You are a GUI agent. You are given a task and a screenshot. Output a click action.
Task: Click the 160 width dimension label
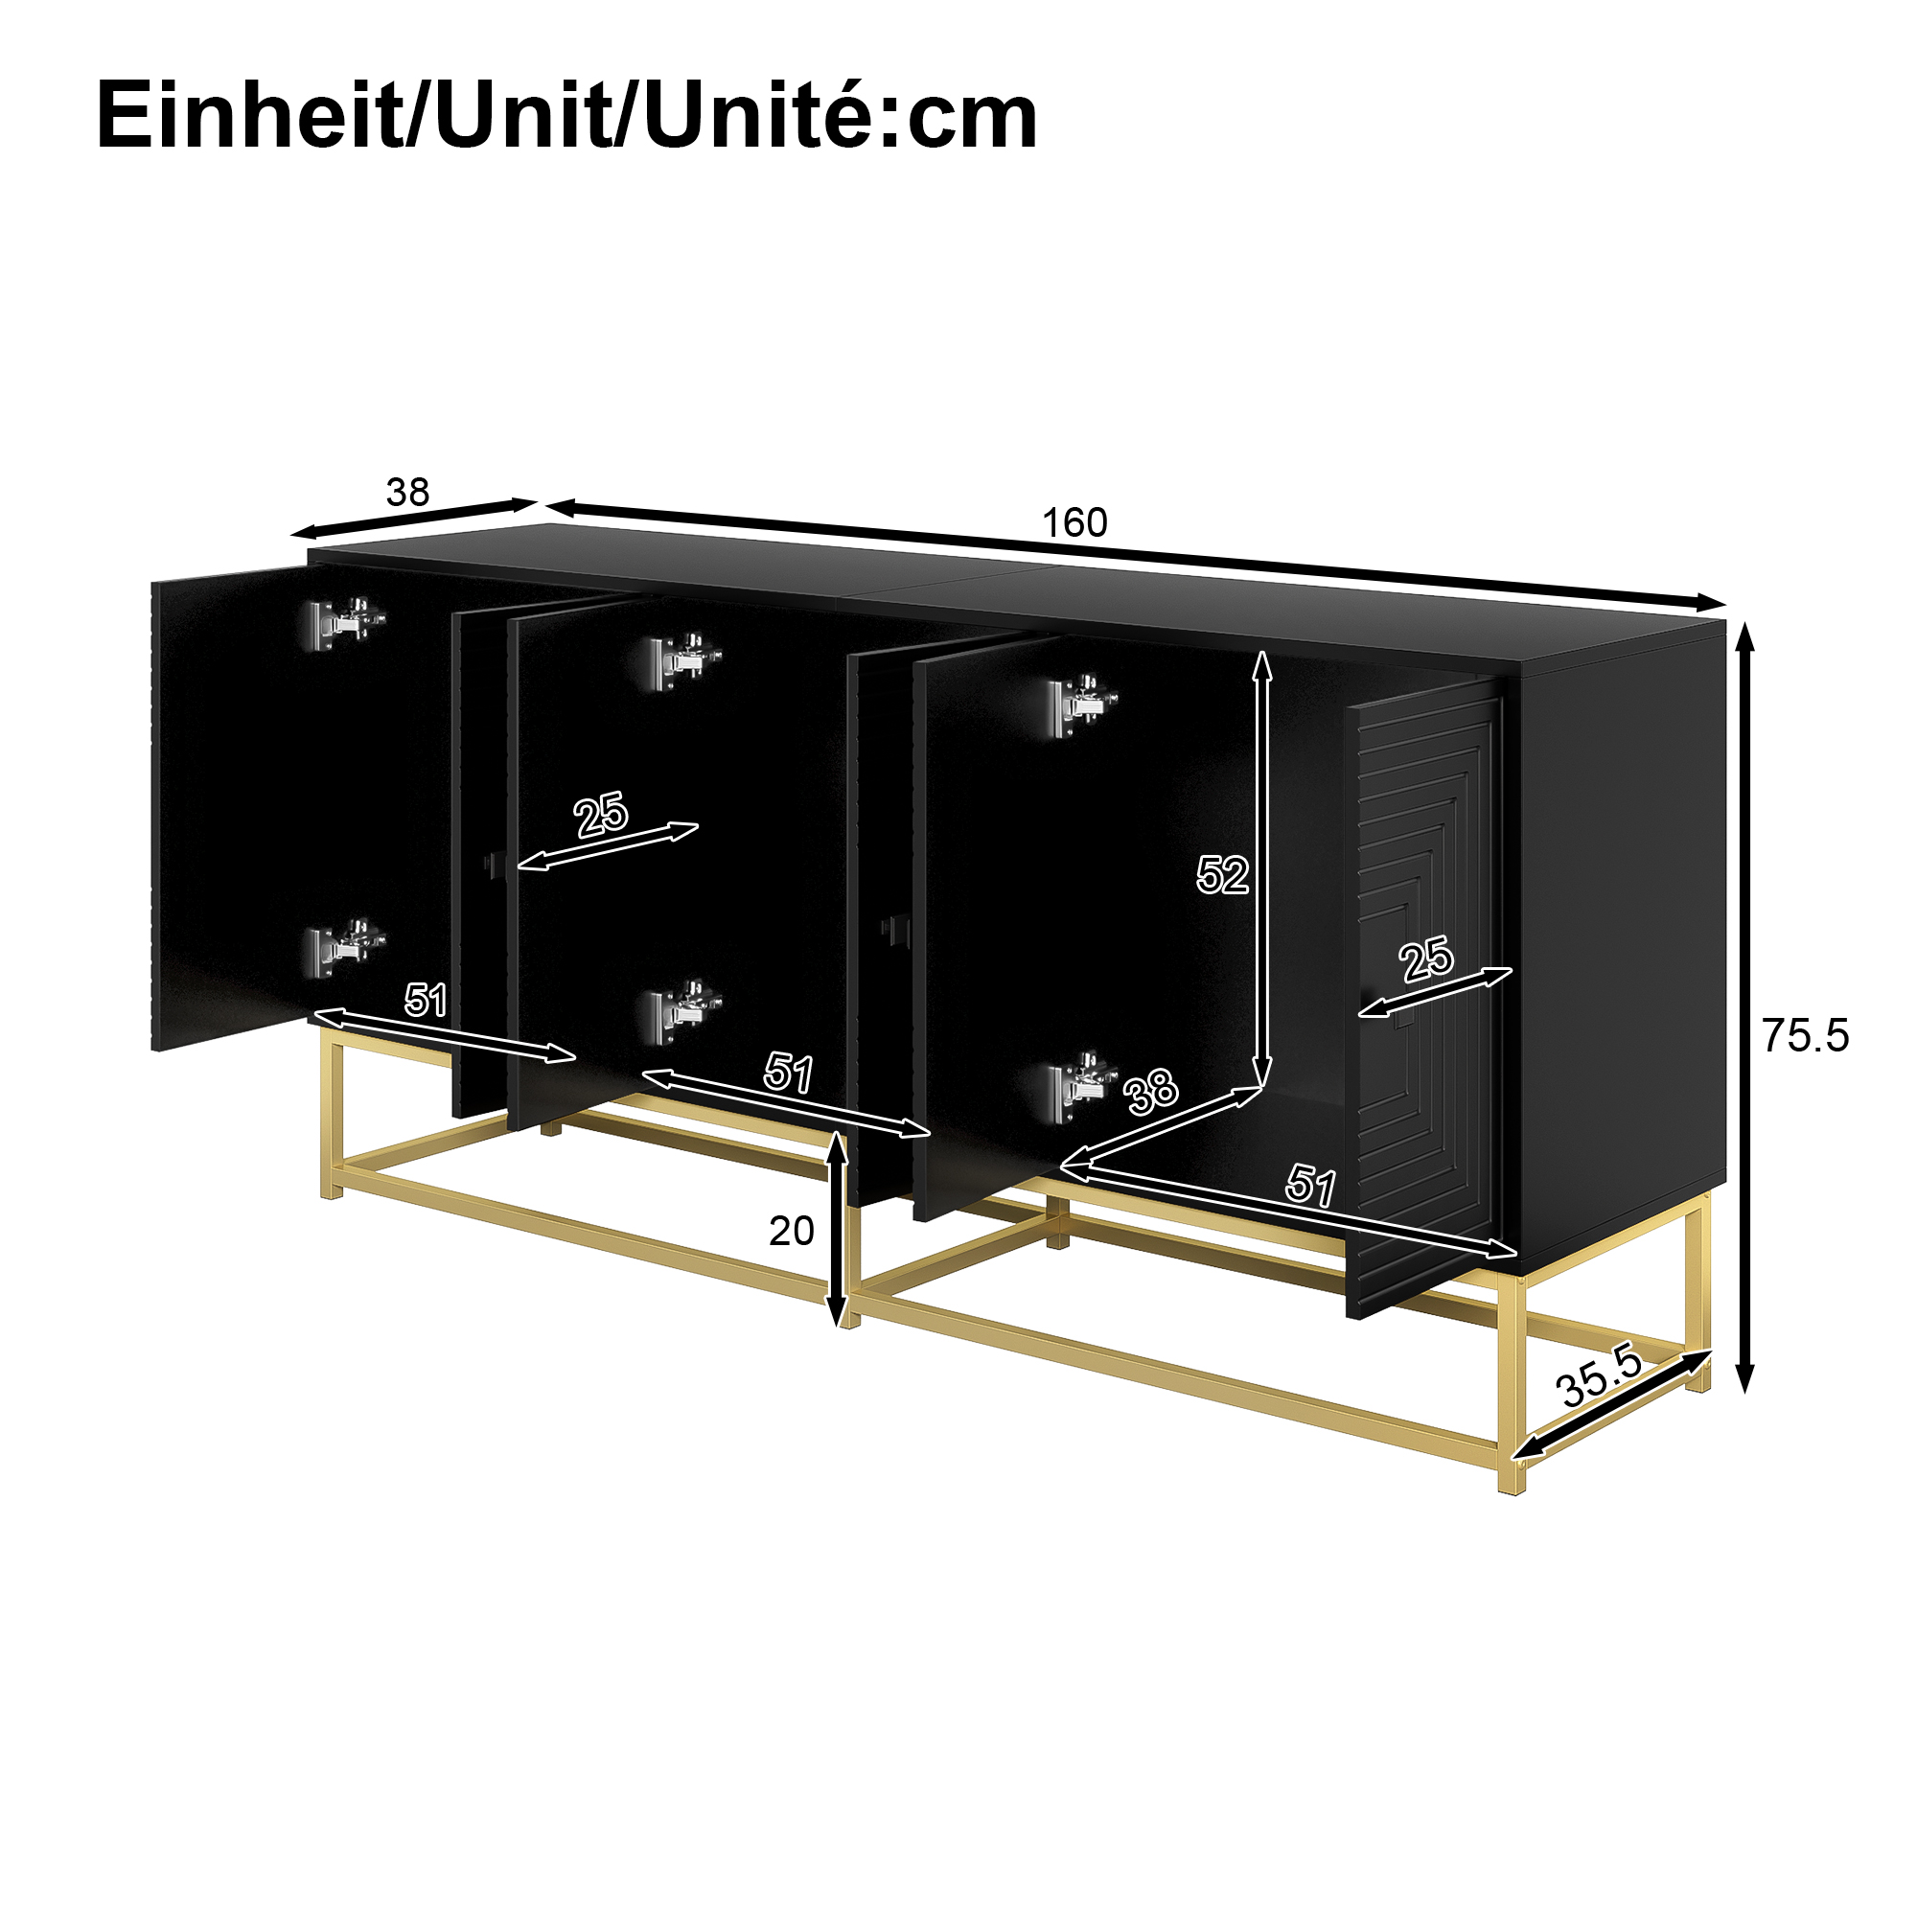(1074, 523)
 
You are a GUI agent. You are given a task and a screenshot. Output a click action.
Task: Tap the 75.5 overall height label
(1806, 1036)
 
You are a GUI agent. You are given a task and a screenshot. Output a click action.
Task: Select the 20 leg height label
(792, 1232)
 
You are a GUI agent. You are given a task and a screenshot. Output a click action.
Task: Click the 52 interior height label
(1221, 875)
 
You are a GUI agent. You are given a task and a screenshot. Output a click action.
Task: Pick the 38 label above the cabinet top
(407, 492)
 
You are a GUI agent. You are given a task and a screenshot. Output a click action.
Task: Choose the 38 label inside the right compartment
(1151, 1093)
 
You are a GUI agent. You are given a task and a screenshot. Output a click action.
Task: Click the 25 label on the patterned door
(1427, 960)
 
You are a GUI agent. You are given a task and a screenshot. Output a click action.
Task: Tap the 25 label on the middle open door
(601, 816)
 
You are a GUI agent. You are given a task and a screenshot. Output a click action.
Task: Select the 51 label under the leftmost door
(426, 1000)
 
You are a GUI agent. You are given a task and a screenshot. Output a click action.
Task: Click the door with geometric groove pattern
(1425, 997)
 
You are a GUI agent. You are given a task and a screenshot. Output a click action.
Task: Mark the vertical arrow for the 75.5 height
(1745, 1006)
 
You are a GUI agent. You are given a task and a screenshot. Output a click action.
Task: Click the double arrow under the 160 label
(1137, 555)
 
